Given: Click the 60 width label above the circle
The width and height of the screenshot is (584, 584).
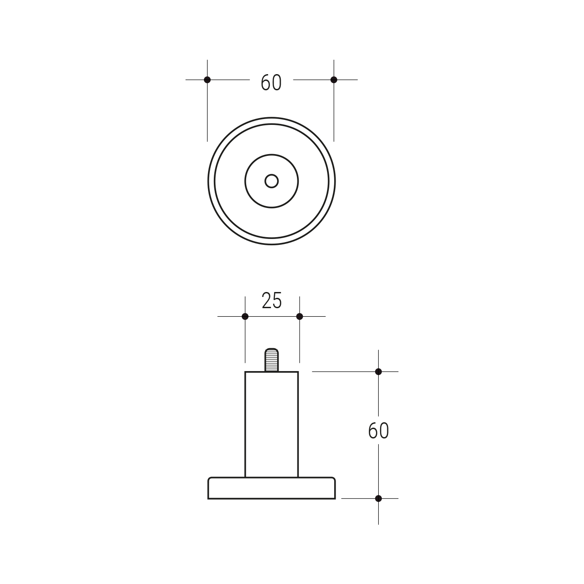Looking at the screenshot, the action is [x=271, y=82].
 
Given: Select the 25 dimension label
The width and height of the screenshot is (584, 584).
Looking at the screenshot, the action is [x=272, y=301].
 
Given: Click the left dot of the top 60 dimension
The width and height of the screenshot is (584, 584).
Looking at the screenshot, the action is [x=207, y=80].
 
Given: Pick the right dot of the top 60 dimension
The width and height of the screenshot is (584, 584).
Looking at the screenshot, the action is [x=334, y=80].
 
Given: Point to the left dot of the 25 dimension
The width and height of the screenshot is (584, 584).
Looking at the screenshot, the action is [x=245, y=317].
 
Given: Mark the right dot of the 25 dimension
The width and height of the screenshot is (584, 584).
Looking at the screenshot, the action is [x=300, y=317].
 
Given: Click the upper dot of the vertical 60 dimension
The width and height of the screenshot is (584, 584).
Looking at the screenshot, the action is [x=379, y=372].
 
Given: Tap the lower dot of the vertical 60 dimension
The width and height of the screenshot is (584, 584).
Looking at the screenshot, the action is [x=379, y=499].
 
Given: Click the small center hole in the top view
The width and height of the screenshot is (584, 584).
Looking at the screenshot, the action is [x=271, y=181].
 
